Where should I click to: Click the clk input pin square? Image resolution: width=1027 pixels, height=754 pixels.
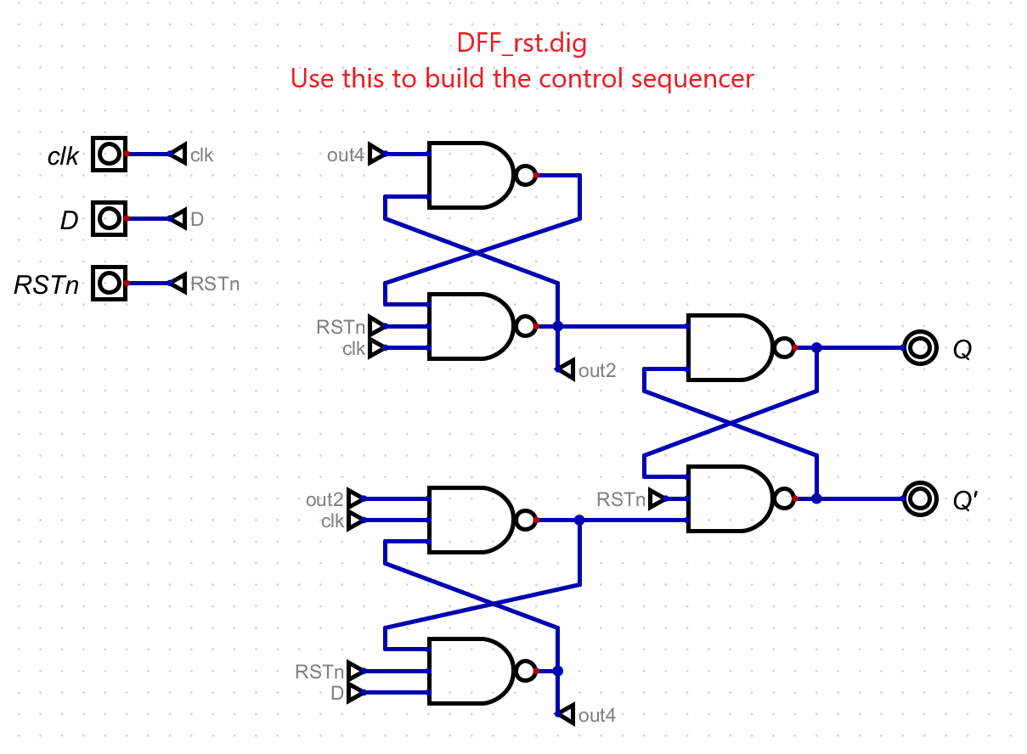109,155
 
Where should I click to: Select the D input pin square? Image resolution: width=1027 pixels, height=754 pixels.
109,219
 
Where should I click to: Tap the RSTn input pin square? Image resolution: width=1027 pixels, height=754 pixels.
109,284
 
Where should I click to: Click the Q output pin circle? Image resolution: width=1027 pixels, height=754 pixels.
920,348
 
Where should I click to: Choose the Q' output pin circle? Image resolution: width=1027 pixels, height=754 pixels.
920,499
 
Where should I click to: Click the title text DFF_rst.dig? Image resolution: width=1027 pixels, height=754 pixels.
522,43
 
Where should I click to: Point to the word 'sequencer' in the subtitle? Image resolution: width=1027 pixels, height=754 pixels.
693,79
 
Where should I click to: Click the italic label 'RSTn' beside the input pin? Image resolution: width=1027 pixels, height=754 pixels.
47,285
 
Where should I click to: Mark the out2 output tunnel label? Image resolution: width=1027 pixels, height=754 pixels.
597,371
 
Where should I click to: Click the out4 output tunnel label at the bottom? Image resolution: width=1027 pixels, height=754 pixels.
597,716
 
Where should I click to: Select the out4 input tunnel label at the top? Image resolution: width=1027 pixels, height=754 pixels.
346,155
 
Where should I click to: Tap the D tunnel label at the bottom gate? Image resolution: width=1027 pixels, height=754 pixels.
337,694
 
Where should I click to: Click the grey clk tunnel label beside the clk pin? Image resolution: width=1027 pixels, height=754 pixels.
201,155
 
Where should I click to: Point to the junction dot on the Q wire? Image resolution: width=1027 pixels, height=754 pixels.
817,348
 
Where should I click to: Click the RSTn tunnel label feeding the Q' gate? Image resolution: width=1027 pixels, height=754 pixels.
621,500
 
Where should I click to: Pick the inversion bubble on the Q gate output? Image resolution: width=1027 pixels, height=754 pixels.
784,348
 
